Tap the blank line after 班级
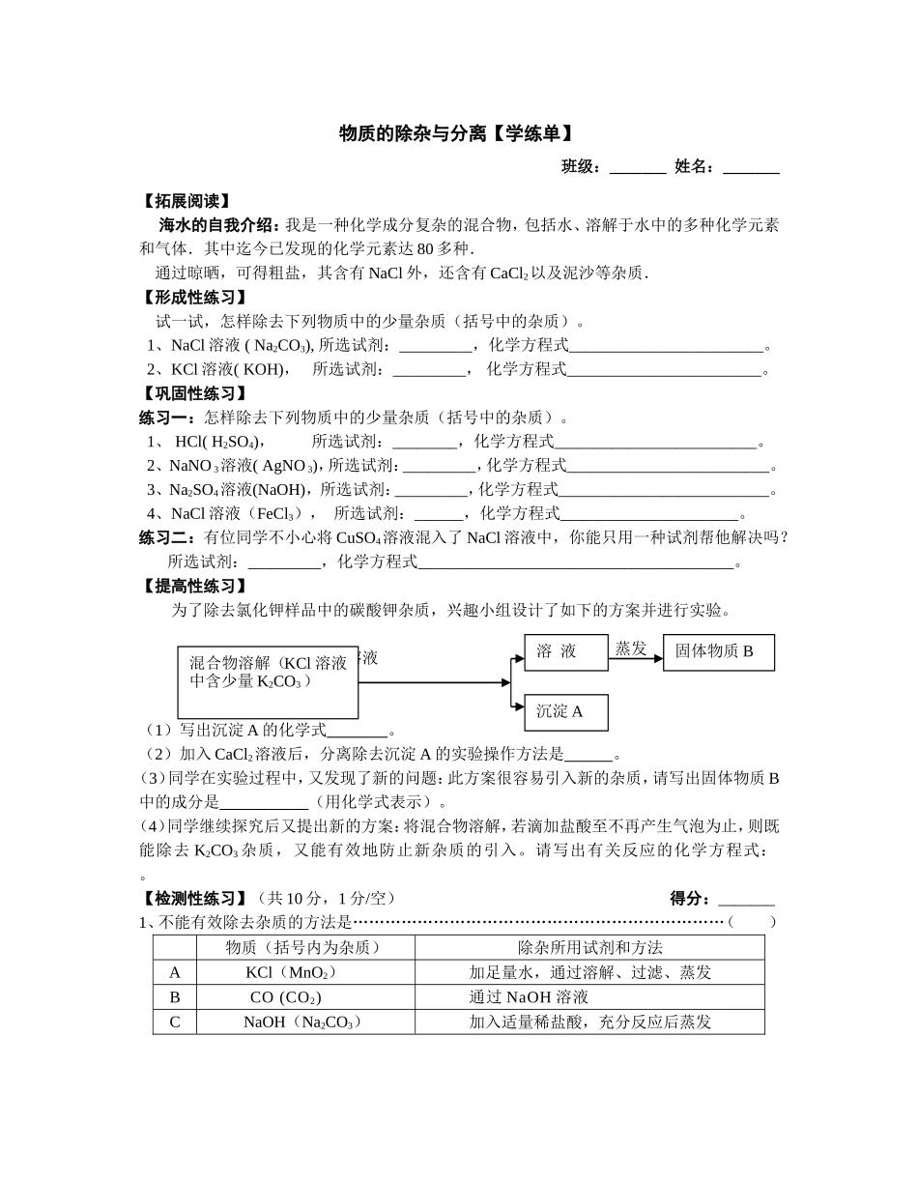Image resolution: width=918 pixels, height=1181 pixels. point(638,168)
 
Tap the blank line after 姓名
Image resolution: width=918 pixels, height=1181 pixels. point(751,168)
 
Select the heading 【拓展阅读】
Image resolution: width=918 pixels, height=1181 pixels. point(185,201)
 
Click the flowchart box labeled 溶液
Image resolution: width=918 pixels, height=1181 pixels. point(565,652)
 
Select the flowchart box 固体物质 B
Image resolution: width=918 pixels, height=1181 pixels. point(718,652)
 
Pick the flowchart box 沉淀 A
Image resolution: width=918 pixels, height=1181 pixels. point(565,712)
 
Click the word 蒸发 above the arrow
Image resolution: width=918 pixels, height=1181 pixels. point(631,648)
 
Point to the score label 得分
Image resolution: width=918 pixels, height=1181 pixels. point(690,899)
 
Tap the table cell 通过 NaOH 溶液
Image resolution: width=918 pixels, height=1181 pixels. point(529,997)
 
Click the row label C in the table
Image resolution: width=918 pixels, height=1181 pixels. point(175,1022)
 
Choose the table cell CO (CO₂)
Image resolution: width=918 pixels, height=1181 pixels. point(285,997)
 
